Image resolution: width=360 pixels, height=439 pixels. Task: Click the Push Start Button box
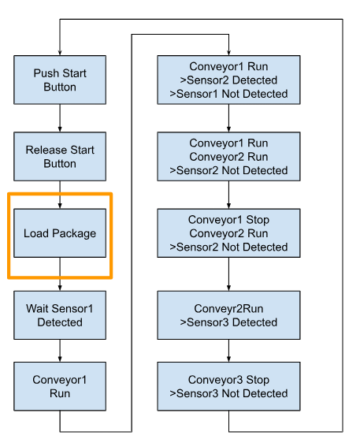60,80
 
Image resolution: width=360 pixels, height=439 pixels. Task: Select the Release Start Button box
60,157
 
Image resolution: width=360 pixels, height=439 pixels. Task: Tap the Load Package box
60,233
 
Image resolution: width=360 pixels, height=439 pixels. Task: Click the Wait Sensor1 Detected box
60,315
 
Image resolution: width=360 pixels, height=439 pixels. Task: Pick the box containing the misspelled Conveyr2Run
228,315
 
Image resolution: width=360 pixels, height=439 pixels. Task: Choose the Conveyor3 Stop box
228,386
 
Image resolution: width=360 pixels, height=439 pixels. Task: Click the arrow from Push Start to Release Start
60,118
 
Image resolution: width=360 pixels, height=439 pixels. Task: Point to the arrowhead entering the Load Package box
60,206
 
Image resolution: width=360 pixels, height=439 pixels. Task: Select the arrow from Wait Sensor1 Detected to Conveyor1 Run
60,351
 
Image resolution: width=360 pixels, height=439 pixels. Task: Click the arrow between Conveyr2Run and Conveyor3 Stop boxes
228,351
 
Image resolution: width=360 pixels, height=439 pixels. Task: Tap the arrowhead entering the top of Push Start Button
60,53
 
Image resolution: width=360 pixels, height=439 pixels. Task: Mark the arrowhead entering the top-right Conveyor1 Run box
228,53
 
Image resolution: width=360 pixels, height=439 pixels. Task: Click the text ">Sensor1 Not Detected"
228,94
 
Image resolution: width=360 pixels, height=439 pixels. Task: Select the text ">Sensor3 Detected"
228,322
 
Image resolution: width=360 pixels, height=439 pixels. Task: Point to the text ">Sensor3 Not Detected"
228,393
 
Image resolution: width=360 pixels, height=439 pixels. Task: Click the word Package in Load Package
74,233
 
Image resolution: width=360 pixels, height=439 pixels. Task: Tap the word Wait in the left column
36,308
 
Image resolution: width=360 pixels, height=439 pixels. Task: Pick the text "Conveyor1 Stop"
228,220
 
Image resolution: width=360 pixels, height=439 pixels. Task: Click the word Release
46,150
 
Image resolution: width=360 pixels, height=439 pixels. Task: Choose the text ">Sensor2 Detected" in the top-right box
228,80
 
